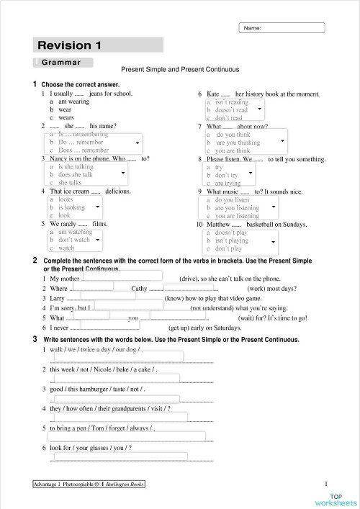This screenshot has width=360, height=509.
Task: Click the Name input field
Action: click(282, 28)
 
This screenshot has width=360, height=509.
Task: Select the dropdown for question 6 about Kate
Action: click(234, 109)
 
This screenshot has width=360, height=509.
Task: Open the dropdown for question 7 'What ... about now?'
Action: click(246, 142)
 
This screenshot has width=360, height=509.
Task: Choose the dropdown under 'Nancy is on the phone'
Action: click(87, 174)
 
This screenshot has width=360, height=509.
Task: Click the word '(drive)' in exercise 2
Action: click(189, 277)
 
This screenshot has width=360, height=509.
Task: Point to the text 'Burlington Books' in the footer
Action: click(123, 485)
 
